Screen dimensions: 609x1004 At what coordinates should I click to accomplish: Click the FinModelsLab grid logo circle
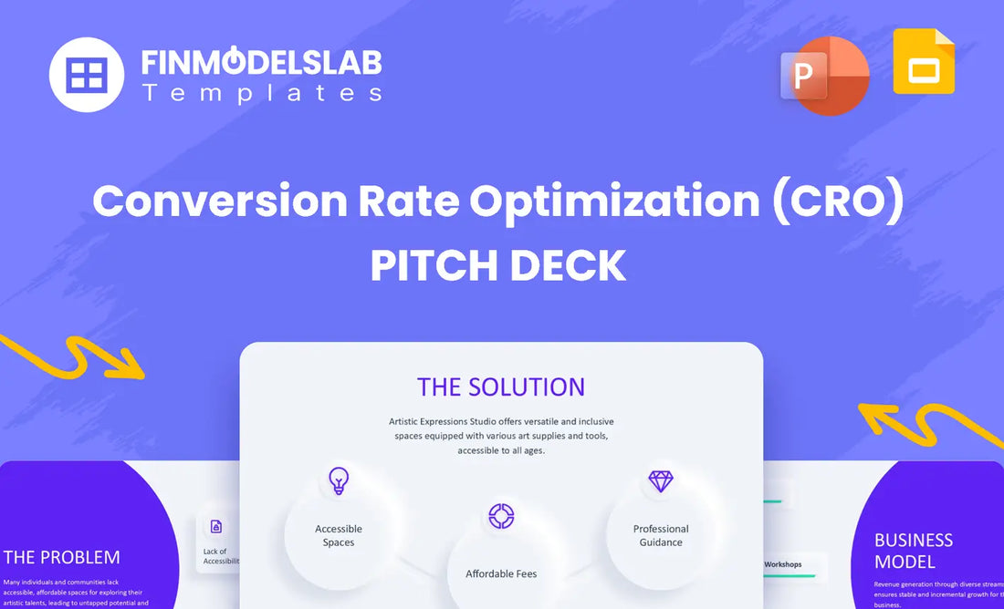pyautogui.click(x=87, y=75)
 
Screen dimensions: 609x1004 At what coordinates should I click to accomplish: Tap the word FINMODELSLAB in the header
pyautogui.click(x=261, y=62)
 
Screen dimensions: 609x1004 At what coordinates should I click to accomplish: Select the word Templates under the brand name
pyautogui.click(x=261, y=93)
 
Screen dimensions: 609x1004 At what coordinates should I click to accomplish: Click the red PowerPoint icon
pyautogui.click(x=825, y=76)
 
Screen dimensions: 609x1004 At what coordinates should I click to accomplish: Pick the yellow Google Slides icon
pyautogui.click(x=924, y=61)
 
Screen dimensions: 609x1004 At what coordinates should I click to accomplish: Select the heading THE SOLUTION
pyautogui.click(x=501, y=387)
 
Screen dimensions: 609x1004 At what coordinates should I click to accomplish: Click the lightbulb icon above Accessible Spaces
pyautogui.click(x=339, y=480)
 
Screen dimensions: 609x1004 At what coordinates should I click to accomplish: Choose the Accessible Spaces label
pyautogui.click(x=339, y=535)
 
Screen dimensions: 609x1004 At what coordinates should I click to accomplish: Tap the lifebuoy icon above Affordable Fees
pyautogui.click(x=501, y=516)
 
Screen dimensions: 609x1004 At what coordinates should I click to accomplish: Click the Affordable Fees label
pyautogui.click(x=501, y=573)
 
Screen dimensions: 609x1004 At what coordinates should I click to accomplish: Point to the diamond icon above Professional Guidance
pyautogui.click(x=660, y=480)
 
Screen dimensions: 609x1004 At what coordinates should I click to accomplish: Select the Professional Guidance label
pyautogui.click(x=661, y=535)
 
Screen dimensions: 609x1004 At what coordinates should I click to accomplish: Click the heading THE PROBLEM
pyautogui.click(x=62, y=557)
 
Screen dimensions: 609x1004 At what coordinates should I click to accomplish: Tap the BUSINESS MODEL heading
pyautogui.click(x=914, y=551)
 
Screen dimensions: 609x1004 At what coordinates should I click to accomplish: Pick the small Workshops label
pyautogui.click(x=783, y=564)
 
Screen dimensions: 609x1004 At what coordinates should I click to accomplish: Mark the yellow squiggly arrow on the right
pyautogui.click(x=926, y=424)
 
